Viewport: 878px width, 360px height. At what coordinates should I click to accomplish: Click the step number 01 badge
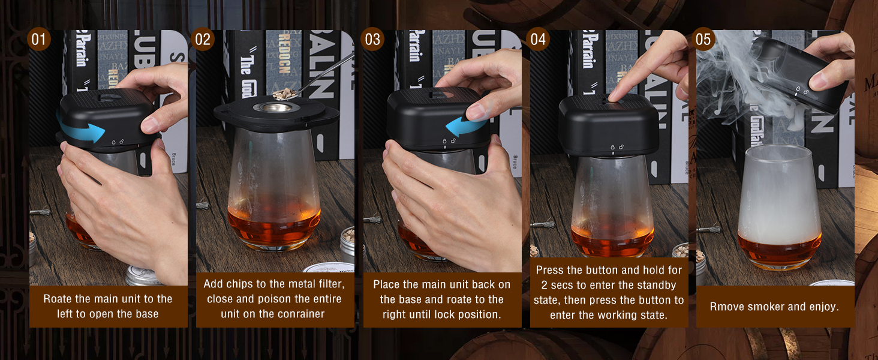coord(38,39)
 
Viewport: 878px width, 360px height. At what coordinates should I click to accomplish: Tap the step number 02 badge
coord(203,39)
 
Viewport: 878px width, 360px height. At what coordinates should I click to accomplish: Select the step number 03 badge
coord(372,39)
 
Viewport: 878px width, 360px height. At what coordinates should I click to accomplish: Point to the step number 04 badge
coord(538,39)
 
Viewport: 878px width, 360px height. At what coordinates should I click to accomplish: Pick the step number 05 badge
coord(703,39)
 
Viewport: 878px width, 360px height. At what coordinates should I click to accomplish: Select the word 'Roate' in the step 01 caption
coord(57,299)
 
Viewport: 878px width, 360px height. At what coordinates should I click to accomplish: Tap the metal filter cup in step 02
coord(276,107)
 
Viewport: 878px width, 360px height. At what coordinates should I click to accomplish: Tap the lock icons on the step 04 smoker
coord(617,147)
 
